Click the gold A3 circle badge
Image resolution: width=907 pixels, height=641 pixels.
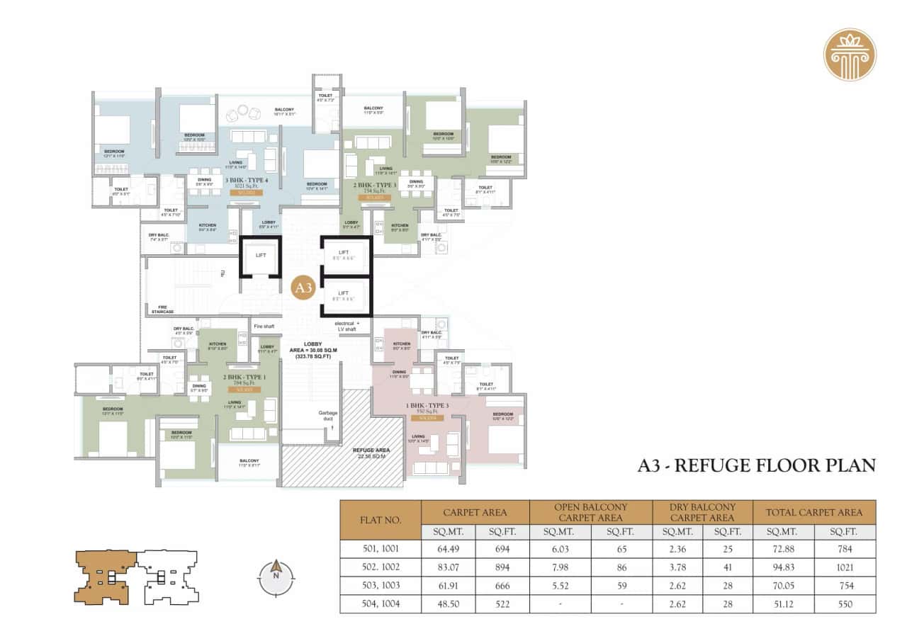303,288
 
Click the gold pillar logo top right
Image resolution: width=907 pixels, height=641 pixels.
850,54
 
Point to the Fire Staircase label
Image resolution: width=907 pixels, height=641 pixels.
162,309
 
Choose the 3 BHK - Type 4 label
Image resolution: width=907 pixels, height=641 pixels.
246,180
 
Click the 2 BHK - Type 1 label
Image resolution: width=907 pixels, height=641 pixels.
244,377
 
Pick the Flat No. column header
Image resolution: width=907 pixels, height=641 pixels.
381,520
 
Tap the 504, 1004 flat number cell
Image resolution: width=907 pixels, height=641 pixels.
381,604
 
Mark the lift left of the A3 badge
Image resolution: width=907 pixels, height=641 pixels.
260,255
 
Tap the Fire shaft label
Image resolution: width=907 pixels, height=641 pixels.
264,326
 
